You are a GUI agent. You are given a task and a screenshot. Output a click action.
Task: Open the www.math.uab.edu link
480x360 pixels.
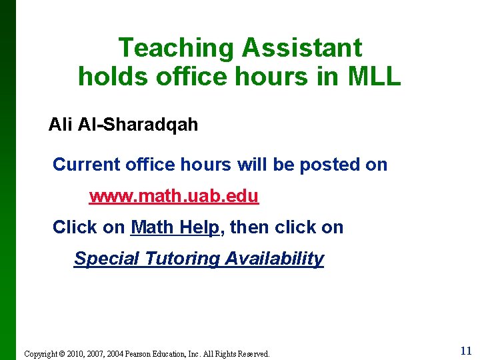click(x=174, y=197)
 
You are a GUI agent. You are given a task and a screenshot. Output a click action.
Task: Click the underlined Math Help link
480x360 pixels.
click(x=175, y=227)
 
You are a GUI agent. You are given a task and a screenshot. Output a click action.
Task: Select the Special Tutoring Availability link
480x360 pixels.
click(x=199, y=259)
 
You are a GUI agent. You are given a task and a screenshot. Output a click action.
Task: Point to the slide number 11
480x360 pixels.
click(x=465, y=351)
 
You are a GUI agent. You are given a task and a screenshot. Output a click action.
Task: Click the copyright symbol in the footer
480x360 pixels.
click(x=62, y=354)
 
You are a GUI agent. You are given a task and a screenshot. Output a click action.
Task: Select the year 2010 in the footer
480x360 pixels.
click(x=75, y=354)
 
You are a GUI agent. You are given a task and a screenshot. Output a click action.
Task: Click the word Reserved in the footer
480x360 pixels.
click(x=253, y=354)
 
